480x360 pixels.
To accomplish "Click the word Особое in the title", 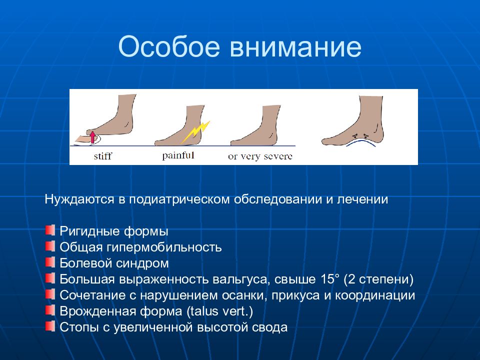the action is tap(169, 46).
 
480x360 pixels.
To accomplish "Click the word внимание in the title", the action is tap(295, 47).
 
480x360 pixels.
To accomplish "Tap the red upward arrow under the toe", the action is tap(92, 137).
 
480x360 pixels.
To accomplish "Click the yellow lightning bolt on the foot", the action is tap(196, 132).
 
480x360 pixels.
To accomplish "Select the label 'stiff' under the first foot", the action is tap(103, 156).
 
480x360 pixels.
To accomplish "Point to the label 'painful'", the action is tap(178, 156).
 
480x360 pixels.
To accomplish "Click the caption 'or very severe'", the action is tap(260, 156).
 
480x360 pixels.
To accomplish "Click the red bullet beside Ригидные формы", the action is tap(50, 230).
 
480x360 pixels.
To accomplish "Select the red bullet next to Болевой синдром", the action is tap(50, 262).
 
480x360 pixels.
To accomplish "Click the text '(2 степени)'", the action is tap(378, 279).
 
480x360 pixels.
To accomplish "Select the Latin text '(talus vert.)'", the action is tap(219, 311).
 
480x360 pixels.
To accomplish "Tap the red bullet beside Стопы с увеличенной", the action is tap(50, 326).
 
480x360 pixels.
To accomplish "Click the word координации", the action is tap(375, 295).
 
